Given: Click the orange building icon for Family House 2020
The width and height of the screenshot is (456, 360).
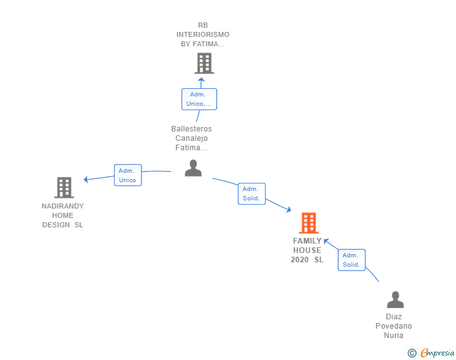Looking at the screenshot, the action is tap(309, 223).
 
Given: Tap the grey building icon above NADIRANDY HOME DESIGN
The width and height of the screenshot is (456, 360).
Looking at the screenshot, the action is tap(65, 188).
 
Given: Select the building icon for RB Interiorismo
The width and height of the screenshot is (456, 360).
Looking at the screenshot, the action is tap(204, 63).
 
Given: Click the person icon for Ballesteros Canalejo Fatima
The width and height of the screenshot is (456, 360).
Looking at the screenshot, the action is tap(193, 168).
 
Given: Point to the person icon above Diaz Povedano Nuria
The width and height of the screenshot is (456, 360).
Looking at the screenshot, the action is tap(395, 299).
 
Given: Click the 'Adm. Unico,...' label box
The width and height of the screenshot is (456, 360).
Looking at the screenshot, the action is tap(199, 99).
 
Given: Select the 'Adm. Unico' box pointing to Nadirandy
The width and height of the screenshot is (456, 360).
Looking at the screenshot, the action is tap(128, 175).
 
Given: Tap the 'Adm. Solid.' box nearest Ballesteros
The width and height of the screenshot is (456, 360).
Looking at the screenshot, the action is tap(252, 193).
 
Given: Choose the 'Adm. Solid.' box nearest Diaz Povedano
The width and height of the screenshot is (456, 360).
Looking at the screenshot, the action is tap(351, 260).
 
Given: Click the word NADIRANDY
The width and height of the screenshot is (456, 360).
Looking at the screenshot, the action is tap(63, 206).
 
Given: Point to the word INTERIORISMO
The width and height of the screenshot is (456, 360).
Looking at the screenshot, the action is tap(203, 34).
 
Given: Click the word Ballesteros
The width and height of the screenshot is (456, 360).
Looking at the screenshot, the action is tap(192, 129).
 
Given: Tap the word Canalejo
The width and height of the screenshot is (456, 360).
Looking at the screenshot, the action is tap(192, 138).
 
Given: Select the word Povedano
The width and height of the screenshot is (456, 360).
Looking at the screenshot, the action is tap(393, 326).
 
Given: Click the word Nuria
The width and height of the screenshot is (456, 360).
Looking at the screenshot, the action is tap(393, 336).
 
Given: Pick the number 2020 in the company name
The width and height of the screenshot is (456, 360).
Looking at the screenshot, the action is tap(299, 260).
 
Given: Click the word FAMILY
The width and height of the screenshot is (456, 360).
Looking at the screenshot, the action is tap(307, 241).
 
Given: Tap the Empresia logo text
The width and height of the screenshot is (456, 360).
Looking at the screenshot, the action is tap(437, 352).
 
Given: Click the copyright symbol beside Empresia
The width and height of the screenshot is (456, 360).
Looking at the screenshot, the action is tap(412, 353).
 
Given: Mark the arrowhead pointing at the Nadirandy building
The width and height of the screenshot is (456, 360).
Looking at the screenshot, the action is tap(86, 180).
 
